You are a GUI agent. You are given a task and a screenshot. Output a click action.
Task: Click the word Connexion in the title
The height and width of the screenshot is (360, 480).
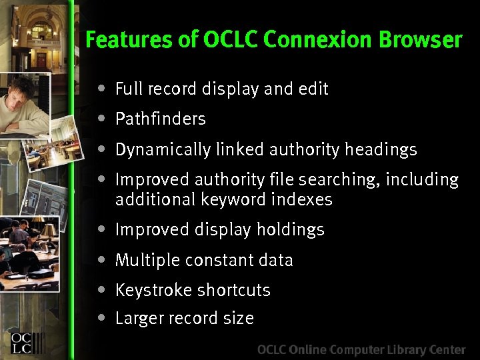coord(319,41)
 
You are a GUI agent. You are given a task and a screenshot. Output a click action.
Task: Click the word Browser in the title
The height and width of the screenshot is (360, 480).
coord(421,41)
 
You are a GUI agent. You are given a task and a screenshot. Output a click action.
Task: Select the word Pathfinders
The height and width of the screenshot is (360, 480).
coord(160,119)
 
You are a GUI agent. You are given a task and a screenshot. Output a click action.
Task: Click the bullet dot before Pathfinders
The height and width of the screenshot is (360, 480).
coord(101,119)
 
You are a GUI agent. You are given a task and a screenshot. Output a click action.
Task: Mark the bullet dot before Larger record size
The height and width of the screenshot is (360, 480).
coord(101,317)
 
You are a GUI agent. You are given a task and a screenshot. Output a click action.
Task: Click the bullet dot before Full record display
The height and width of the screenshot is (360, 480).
coord(101,88)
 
